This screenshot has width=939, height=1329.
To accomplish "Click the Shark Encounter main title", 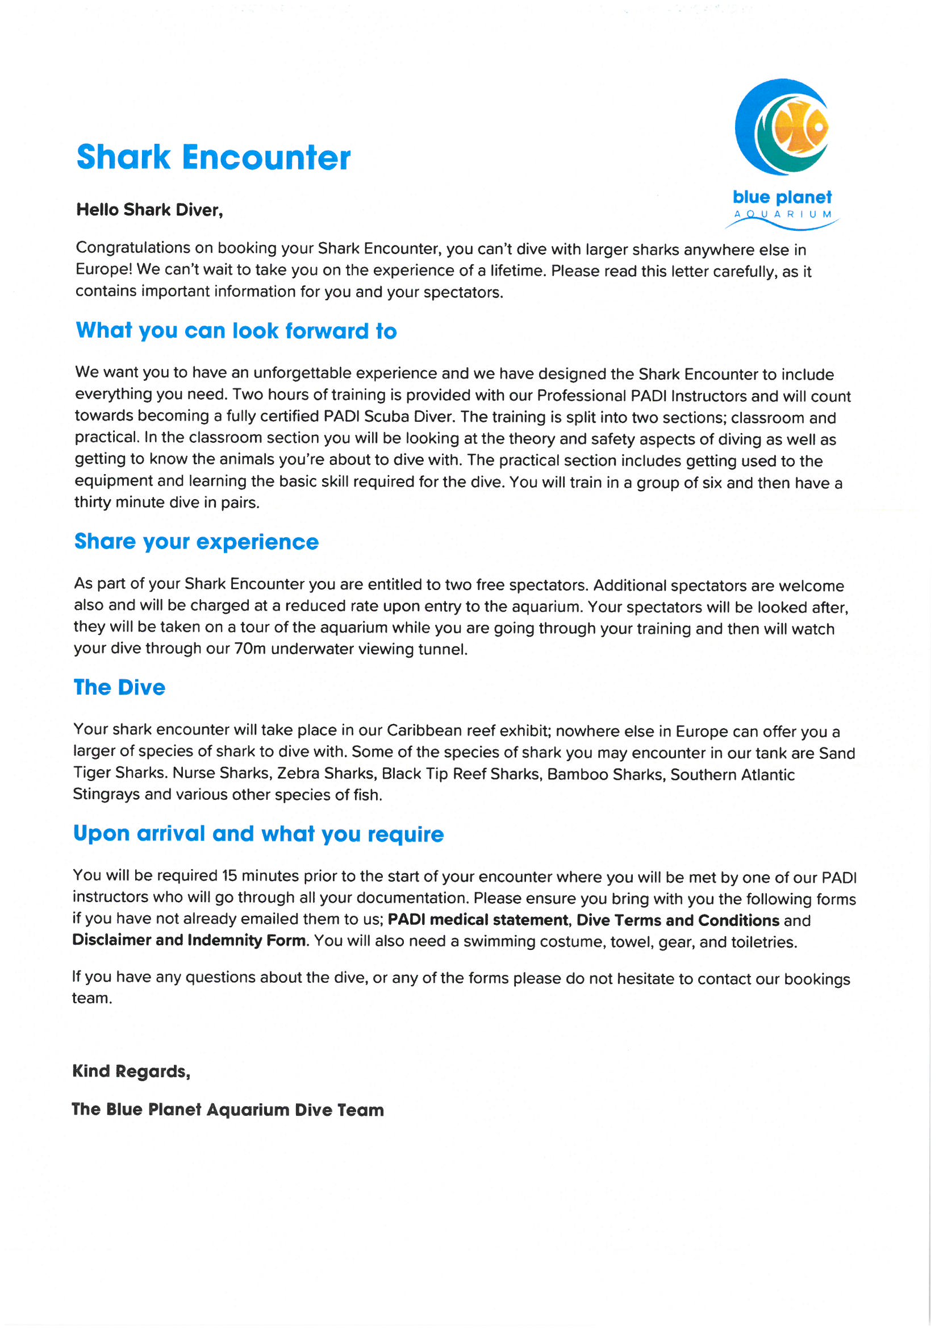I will [213, 157].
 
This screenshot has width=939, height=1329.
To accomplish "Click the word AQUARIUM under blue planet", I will [782, 214].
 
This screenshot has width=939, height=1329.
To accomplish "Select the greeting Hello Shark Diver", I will [149, 210].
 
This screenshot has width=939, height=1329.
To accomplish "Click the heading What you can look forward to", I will [236, 330].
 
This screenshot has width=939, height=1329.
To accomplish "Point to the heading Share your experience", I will [196, 541].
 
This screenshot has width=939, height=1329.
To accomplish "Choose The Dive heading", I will [119, 687].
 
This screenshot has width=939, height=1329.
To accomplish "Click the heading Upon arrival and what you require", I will [258, 833].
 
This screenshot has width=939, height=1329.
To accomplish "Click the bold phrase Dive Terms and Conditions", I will [678, 920].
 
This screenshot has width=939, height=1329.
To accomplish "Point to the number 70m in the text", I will [249, 649].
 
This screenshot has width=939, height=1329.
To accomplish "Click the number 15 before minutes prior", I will [229, 875].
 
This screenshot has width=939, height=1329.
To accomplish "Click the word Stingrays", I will [106, 794].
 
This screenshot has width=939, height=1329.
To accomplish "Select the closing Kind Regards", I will [131, 1071].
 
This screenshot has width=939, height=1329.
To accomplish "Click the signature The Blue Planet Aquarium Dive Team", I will [227, 1110].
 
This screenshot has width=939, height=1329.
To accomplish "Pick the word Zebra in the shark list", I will [297, 773].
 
